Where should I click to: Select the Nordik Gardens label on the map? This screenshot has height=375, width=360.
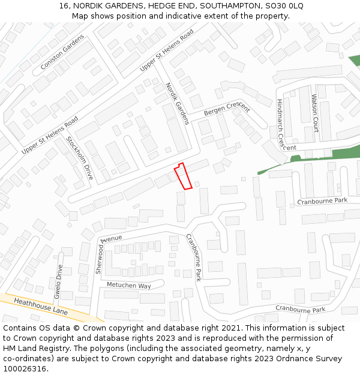point(178,103)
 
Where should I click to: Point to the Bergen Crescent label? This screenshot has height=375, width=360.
point(226,109)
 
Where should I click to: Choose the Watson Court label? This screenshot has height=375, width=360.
point(314,113)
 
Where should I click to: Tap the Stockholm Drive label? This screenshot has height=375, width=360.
point(80,158)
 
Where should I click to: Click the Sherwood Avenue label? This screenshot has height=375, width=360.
point(109,252)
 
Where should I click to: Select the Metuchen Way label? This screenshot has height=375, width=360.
point(128,286)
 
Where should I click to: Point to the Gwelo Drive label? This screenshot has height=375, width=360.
point(58,281)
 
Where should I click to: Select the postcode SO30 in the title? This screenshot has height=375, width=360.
point(269,6)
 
